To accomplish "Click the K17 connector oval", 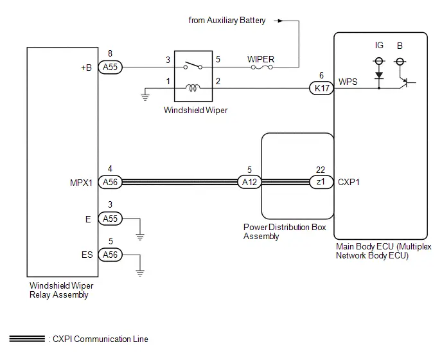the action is pyautogui.click(x=322, y=88).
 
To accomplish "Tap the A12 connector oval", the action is pyautogui.click(x=249, y=182).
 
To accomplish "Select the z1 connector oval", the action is pyautogui.click(x=321, y=182).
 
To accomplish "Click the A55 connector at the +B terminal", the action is pyautogui.click(x=110, y=67).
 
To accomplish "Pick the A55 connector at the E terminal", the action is pyautogui.click(x=110, y=219).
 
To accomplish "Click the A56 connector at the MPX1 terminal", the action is pyautogui.click(x=110, y=182).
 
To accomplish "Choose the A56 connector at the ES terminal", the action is pyautogui.click(x=110, y=255).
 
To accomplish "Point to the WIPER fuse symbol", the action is pyautogui.click(x=262, y=67).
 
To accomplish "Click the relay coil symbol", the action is pyautogui.click(x=193, y=88).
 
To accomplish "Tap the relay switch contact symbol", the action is pyautogui.click(x=193, y=66).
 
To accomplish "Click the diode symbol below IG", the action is pyautogui.click(x=379, y=76).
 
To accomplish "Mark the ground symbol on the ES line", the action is pyautogui.click(x=140, y=273).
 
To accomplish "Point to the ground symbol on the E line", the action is pyautogui.click(x=140, y=237).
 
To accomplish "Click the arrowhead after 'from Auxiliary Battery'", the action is pyautogui.click(x=280, y=21).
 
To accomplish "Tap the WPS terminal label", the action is pyautogui.click(x=348, y=82).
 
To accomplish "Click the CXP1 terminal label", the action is pyautogui.click(x=349, y=183).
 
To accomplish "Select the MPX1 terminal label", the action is pyautogui.click(x=81, y=183).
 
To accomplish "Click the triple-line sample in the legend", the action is pyautogui.click(x=27, y=339).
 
